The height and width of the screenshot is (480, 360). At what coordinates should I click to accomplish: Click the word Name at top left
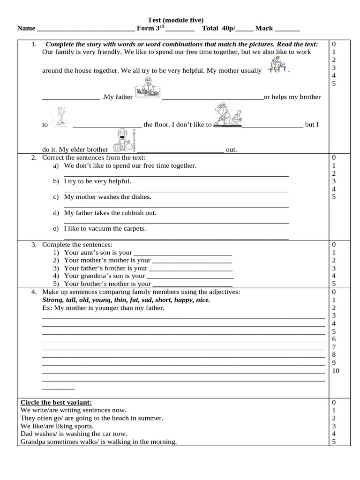[x=26, y=28]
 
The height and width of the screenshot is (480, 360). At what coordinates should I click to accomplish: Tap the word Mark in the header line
[x=264, y=28]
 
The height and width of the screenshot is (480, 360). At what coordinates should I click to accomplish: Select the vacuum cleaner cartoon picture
[x=227, y=116]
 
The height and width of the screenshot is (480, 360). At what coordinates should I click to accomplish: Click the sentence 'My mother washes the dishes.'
[x=107, y=197]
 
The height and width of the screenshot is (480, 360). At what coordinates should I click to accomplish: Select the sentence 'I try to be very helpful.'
[x=97, y=181]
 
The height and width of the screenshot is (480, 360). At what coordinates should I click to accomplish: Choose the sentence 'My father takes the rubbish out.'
[x=110, y=213]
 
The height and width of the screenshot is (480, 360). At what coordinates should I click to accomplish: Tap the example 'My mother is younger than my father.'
[x=109, y=308]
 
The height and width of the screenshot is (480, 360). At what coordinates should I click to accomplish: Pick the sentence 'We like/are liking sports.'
[x=57, y=426]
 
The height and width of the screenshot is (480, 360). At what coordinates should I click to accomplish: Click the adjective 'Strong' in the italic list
[x=52, y=300]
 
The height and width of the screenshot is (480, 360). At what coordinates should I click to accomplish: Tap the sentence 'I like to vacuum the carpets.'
[x=105, y=229]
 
